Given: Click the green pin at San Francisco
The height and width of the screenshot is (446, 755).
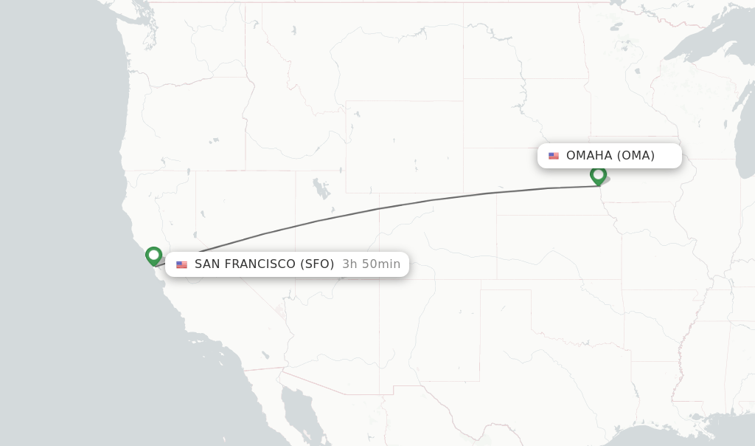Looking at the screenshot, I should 153,255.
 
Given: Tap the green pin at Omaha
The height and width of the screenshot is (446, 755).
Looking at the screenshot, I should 598,175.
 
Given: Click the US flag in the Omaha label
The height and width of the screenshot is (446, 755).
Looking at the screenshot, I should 554,156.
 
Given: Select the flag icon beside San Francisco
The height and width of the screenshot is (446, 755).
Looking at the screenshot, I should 181,264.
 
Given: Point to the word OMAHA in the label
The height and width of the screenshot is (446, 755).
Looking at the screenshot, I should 589,156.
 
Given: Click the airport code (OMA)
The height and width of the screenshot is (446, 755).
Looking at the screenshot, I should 636,156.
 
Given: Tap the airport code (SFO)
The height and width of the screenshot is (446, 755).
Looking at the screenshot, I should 317,264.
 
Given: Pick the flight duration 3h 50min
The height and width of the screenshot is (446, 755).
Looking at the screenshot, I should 371,264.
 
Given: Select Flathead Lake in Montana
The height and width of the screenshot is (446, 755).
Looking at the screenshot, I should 293,32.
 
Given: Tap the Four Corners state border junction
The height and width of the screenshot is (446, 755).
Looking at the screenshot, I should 379,279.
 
